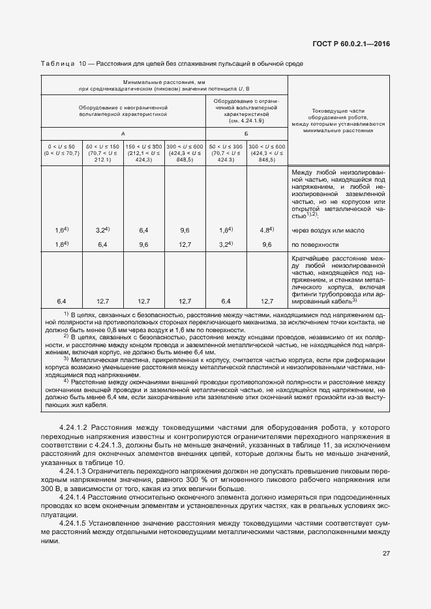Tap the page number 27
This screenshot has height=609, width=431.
386,554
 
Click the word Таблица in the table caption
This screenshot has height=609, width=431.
57,64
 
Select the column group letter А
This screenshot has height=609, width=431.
124,133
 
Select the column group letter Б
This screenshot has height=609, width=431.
246,133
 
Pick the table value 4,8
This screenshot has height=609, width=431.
266,231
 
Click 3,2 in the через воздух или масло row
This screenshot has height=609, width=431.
102,231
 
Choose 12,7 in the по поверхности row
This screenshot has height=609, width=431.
185,245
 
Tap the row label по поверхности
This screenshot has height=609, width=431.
315,245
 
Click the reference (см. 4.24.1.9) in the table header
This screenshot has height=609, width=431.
246,121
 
